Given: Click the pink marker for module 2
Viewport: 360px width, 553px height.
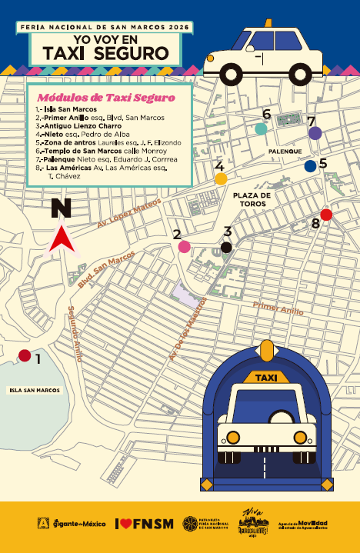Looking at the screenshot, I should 185,247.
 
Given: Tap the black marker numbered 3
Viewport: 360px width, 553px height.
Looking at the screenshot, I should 226,247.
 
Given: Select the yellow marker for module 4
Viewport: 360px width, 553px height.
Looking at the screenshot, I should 221,179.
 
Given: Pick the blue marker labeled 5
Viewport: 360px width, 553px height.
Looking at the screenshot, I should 310,165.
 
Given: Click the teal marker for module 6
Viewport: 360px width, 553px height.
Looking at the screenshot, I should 262,128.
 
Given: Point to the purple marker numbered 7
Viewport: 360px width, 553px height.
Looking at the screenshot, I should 315,133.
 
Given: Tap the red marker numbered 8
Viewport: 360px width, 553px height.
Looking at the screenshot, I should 326,215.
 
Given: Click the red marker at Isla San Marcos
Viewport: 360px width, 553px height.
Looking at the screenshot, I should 25,355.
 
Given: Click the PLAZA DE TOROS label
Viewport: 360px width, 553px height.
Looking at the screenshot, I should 252,200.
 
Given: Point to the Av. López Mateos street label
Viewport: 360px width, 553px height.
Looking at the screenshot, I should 129,215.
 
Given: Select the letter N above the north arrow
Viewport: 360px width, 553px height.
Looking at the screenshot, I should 60,208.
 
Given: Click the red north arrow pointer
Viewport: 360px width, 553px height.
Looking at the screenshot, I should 61,239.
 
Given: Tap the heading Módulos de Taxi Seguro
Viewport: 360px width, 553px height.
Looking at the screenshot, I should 106,98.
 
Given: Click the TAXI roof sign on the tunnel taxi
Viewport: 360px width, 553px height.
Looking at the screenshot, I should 265,378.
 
